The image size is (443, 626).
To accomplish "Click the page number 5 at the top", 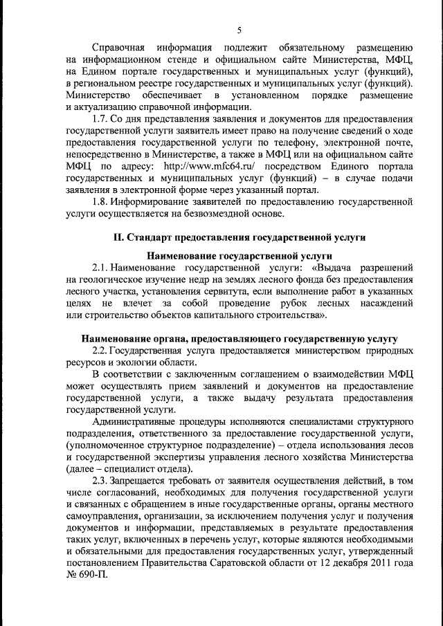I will click(239, 30).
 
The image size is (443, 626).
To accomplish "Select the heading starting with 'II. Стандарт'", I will click(239, 237).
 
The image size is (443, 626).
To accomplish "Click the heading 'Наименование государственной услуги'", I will click(239, 255).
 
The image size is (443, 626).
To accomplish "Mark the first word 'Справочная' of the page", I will click(119, 48).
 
